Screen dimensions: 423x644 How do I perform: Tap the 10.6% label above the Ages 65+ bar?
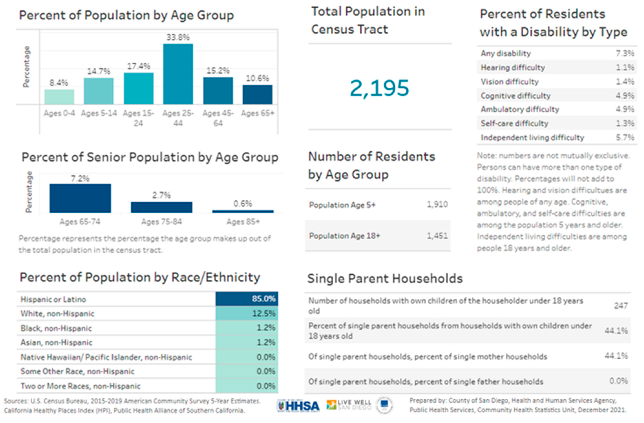coord(257,78)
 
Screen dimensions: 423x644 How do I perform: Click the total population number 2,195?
coord(379,88)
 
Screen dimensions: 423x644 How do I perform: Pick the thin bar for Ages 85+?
coord(243,211)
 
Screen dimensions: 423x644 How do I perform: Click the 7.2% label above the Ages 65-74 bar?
coord(80,178)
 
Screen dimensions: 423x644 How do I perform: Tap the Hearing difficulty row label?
coord(513,68)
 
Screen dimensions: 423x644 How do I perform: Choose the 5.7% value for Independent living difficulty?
coord(625,137)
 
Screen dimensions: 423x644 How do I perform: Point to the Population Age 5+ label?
coord(342,205)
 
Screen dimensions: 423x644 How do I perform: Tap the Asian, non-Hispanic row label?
coord(57,343)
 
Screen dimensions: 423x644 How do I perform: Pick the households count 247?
coord(621,306)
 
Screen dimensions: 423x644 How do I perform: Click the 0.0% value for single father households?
coord(618,381)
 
